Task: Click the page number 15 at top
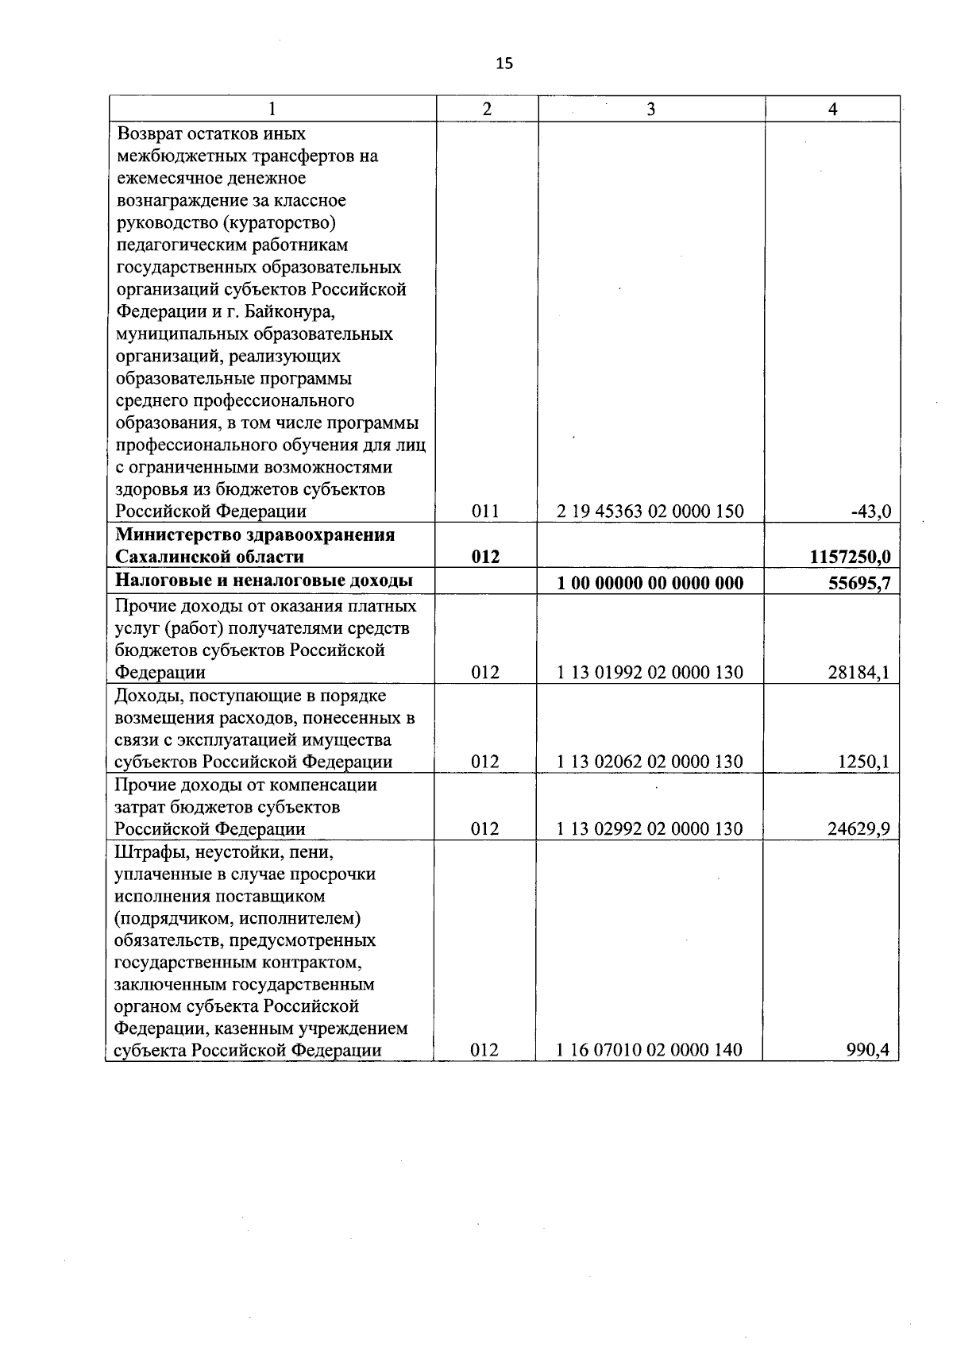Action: click(x=504, y=64)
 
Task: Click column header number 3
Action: click(x=650, y=110)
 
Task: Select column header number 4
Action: click(x=832, y=110)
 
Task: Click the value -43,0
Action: click(x=870, y=511)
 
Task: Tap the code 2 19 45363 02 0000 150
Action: click(x=650, y=511)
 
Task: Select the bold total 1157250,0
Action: click(x=849, y=557)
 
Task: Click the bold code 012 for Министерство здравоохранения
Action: click(x=485, y=557)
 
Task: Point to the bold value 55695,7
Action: click(x=859, y=584)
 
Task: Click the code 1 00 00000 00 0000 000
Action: click(x=650, y=584)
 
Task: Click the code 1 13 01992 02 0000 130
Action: click(x=650, y=673)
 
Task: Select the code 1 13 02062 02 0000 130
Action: click(x=650, y=762)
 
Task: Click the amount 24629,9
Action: click(x=860, y=829)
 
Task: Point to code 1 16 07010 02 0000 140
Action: click(x=650, y=1050)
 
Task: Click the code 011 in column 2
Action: click(x=485, y=511)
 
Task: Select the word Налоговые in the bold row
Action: click(x=156, y=581)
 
